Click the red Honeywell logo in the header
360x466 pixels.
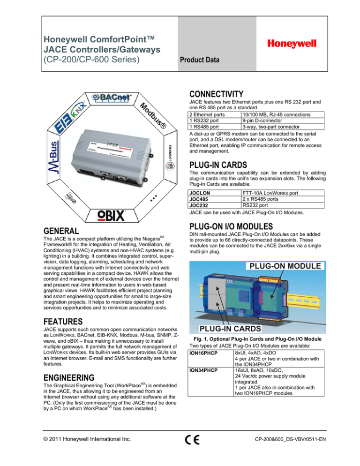point(292,43)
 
